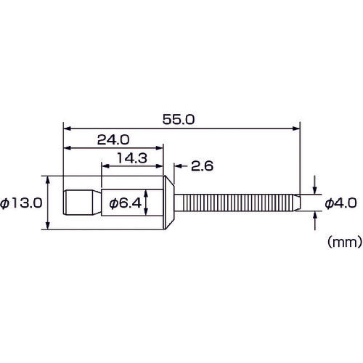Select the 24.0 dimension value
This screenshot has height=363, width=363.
[x=113, y=137]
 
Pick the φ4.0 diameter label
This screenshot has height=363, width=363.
[x=338, y=204]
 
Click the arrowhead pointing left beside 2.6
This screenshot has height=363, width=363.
[x=175, y=166]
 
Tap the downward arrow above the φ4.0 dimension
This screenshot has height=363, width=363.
[x=315, y=189]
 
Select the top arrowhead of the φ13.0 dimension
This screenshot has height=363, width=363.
[x=48, y=179]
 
